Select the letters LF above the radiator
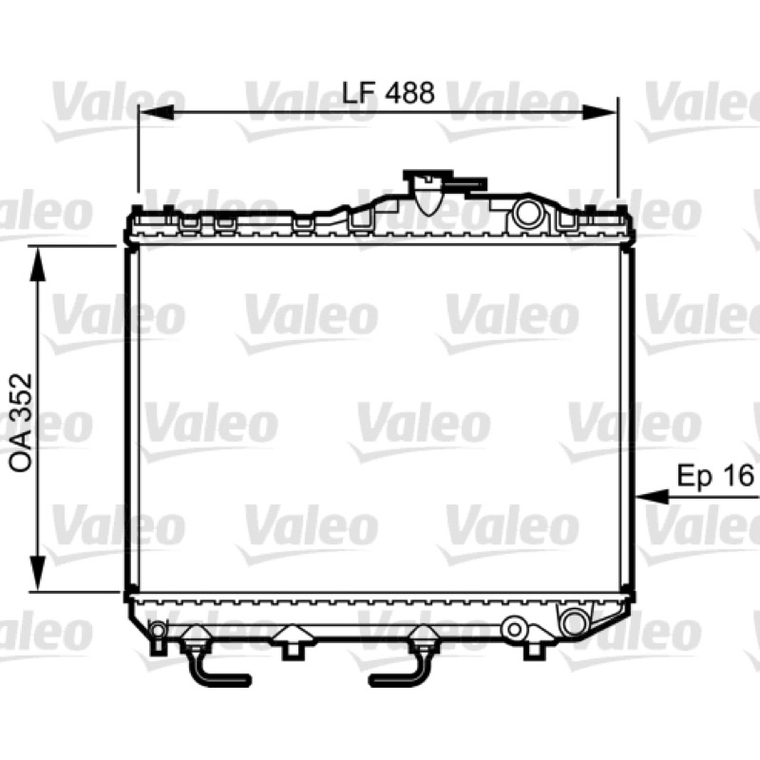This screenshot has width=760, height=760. [x=359, y=92]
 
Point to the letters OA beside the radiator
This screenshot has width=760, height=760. [x=20, y=456]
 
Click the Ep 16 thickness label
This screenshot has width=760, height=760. [x=715, y=475]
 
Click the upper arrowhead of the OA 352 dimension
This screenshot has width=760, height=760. [x=38, y=263]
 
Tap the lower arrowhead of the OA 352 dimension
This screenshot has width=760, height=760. [x=38, y=574]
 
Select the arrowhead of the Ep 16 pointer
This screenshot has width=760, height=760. [x=653, y=496]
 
